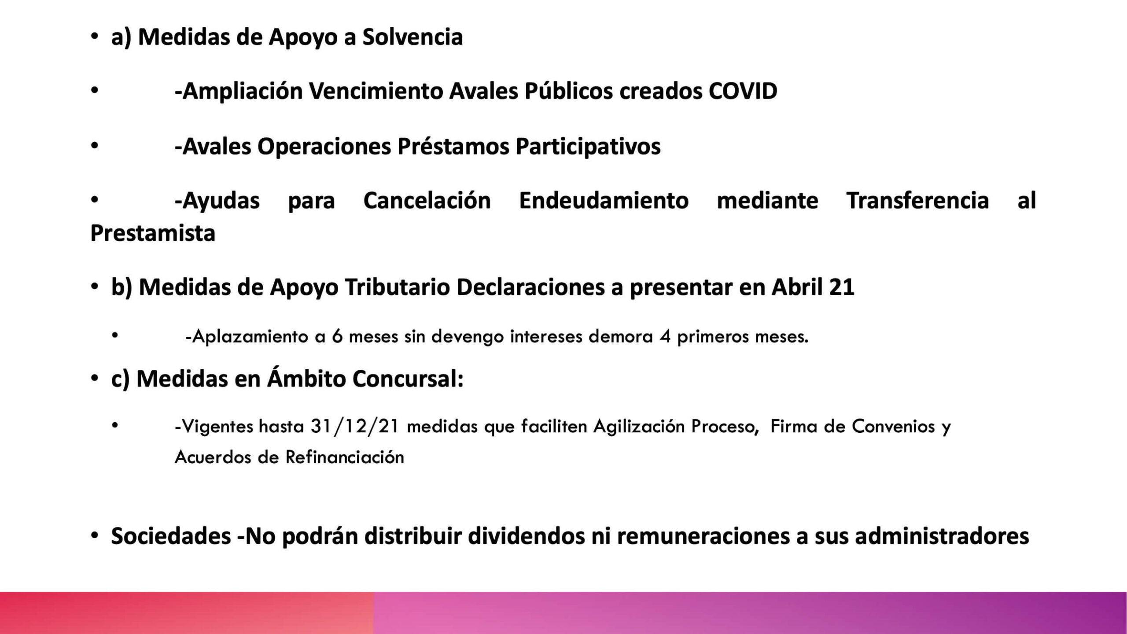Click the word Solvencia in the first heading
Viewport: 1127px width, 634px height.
tap(412, 37)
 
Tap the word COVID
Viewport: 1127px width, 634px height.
tap(743, 92)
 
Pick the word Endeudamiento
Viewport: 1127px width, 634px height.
tap(604, 201)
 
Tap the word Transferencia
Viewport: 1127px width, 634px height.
tap(918, 201)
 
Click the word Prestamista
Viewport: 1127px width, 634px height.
tap(153, 233)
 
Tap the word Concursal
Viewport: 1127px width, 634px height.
tap(408, 379)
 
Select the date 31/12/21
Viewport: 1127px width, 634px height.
tap(355, 427)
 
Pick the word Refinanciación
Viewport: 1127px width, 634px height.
tap(345, 457)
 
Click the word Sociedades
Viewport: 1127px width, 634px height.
tap(171, 537)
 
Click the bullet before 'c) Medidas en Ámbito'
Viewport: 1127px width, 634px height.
tap(94, 379)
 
